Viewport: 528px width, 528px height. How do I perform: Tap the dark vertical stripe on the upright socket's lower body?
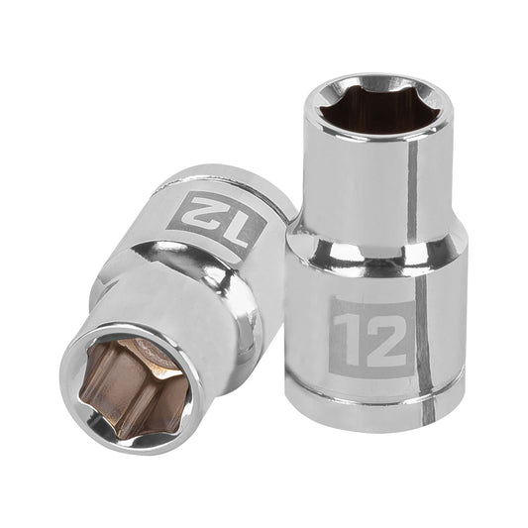click(x=423, y=337)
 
